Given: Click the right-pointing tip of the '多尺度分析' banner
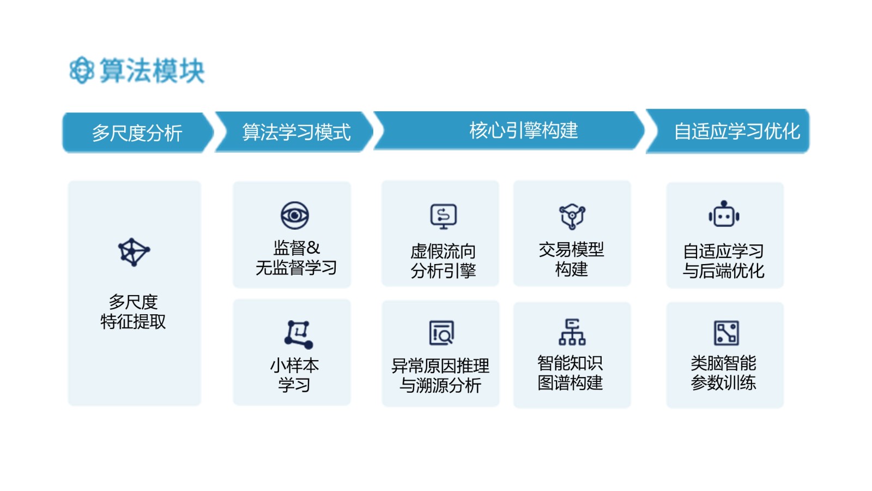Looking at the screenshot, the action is click(214, 133).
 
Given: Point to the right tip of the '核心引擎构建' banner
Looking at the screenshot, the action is click(644, 130).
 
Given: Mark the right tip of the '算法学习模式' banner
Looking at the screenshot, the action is click(373, 131).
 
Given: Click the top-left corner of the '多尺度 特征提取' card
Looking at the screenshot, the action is click(69, 181).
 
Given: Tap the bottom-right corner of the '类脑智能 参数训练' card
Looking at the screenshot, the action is click(783, 407).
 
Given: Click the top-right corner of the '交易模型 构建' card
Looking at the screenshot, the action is click(631, 181).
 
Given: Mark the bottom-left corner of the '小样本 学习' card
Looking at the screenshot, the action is click(233, 405).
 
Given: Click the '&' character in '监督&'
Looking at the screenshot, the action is click(313, 248).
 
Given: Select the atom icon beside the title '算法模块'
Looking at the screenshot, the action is click(81, 70).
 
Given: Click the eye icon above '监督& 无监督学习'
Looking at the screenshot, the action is click(295, 215).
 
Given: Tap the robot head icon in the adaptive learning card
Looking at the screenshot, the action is click(724, 214).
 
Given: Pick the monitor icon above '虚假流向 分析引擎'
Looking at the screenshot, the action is click(444, 216).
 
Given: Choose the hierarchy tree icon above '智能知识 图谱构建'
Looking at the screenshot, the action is click(572, 332).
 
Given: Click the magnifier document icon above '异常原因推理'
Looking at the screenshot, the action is click(441, 333).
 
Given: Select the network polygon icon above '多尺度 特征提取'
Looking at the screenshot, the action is click(134, 252).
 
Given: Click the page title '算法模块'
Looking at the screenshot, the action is click(152, 70).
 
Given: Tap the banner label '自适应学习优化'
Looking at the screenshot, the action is click(737, 131).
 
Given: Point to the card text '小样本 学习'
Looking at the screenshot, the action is click(294, 375).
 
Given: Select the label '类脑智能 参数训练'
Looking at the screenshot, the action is click(723, 373).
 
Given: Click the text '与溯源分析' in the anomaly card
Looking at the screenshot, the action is click(440, 385).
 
